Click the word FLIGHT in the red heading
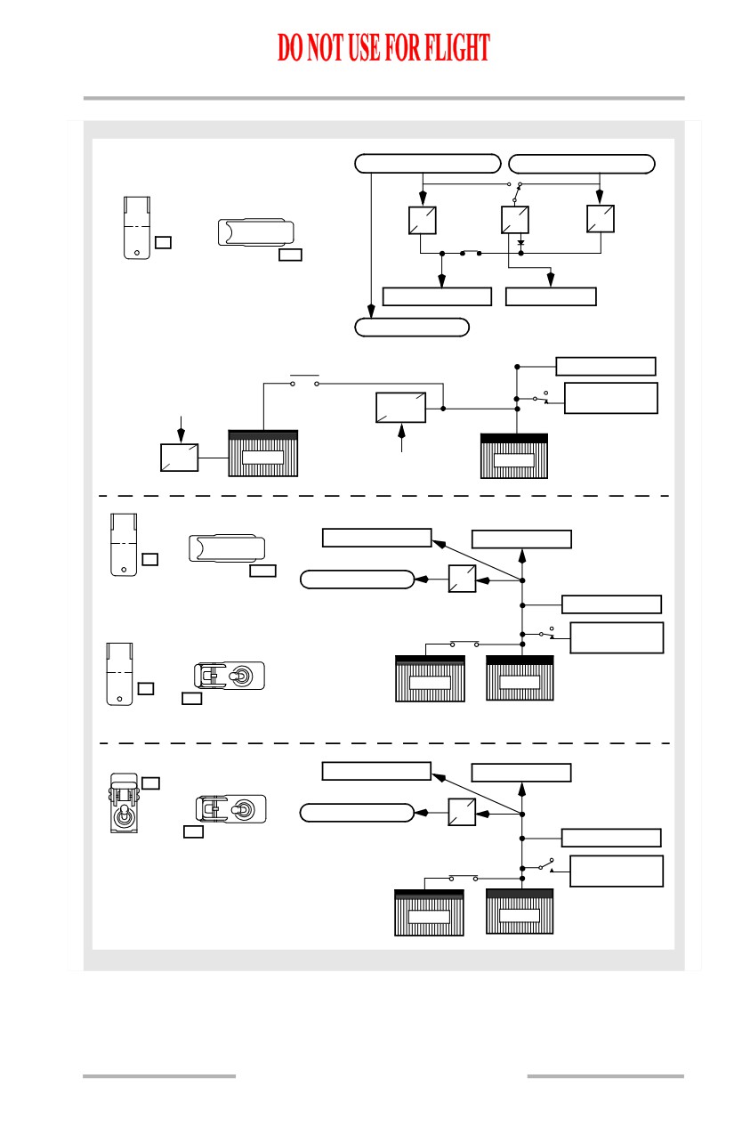click(x=457, y=47)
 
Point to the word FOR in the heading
click(x=402, y=47)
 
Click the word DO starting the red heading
click(x=290, y=47)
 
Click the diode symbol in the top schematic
click(x=520, y=243)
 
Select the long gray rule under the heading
click(x=384, y=98)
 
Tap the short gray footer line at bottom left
click(x=159, y=1076)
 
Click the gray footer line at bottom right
click(x=605, y=1076)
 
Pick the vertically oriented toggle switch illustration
click(x=124, y=803)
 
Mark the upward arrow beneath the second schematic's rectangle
click(x=402, y=437)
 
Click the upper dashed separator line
click(x=384, y=496)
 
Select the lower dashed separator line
click(x=384, y=743)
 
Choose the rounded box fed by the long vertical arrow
click(x=412, y=328)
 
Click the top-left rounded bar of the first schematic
click(x=428, y=164)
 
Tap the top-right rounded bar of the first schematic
click(x=582, y=164)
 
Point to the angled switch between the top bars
click(x=517, y=192)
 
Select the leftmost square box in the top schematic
click(x=423, y=220)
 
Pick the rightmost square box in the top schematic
click(x=601, y=219)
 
